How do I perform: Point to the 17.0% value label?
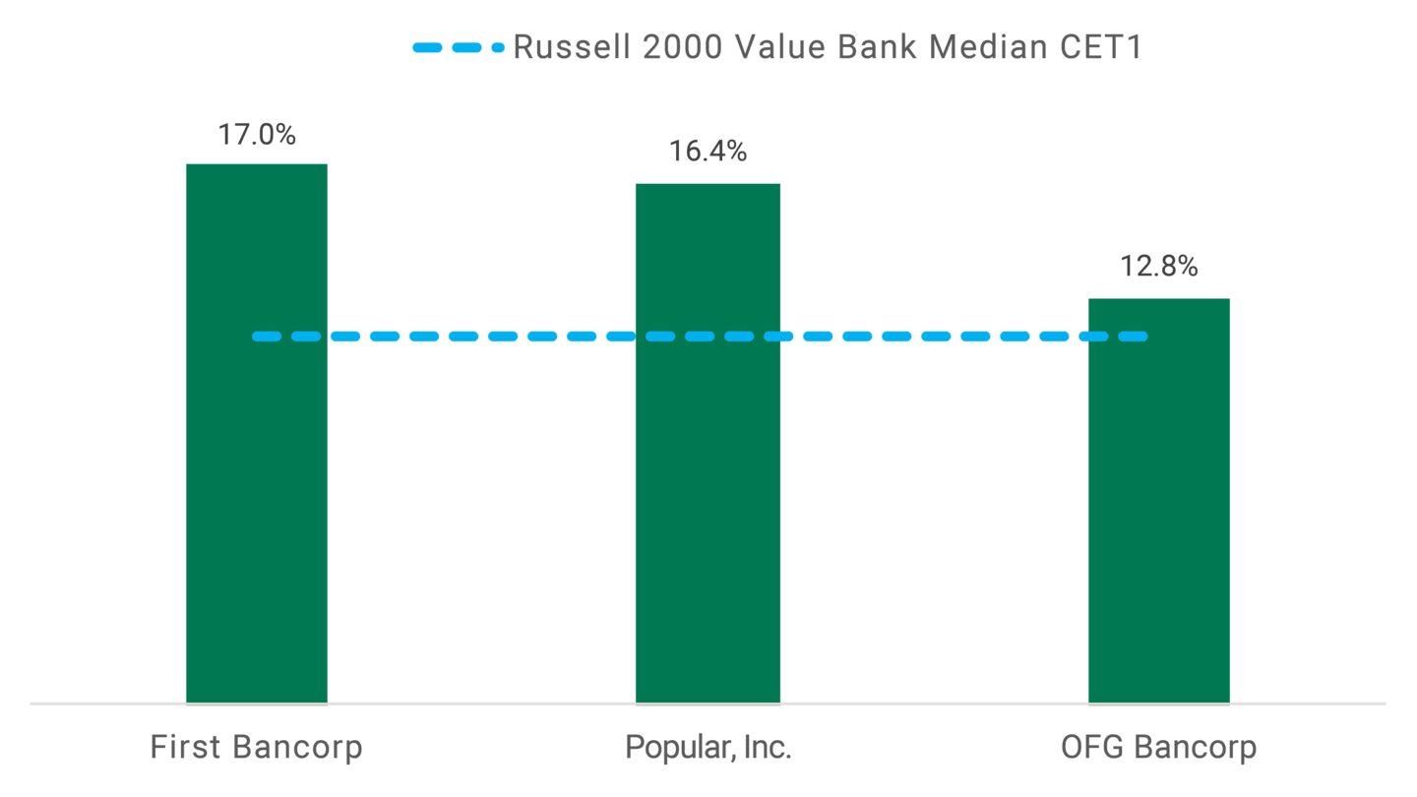(x=257, y=134)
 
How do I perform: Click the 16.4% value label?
(x=708, y=152)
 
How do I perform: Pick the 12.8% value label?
(x=1158, y=266)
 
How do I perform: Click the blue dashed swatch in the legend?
(x=459, y=47)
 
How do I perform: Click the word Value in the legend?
(x=765, y=47)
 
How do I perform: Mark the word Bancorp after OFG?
(x=1195, y=748)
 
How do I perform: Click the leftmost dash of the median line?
(x=267, y=337)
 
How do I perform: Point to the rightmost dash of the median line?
(x=1133, y=337)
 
